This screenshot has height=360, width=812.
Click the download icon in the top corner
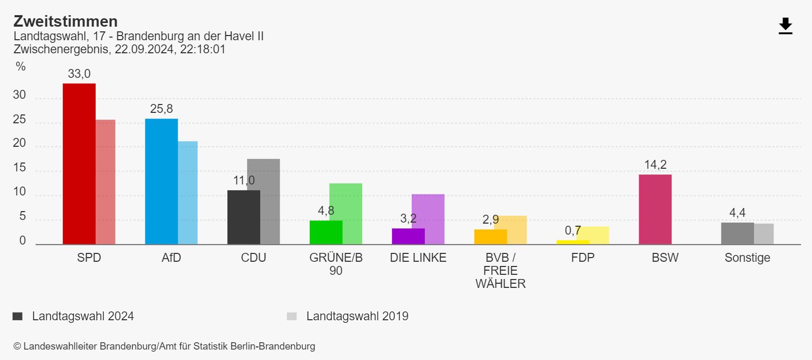785,26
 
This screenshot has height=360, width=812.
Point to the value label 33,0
79,74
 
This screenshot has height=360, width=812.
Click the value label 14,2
655,165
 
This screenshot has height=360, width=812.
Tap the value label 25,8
161,109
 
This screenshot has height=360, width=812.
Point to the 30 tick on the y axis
19,95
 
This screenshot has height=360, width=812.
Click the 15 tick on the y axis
19,168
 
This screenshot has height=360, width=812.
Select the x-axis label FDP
583,258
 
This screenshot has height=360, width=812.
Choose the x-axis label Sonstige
747,258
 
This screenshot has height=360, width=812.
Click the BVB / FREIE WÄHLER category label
500,271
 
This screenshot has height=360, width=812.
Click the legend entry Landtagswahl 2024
83,316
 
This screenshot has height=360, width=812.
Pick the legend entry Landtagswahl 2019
357,316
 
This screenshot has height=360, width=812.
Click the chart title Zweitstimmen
65,21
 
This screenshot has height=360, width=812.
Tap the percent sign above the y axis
20,66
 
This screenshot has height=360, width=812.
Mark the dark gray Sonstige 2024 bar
737,234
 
